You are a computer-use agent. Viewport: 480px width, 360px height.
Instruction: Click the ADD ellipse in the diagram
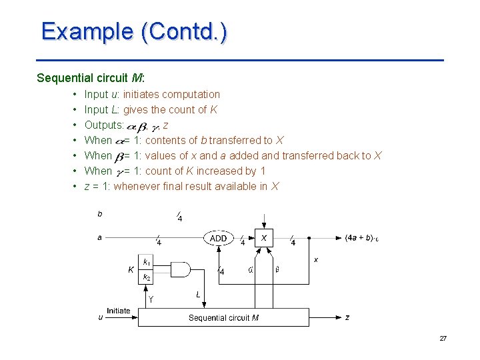[219, 238]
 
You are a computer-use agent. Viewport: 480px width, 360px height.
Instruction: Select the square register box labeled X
[265, 238]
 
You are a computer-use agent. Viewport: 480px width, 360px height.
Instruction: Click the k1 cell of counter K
[147, 261]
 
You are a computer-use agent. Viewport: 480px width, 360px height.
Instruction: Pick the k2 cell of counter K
[147, 277]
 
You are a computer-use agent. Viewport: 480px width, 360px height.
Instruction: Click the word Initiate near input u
[119, 311]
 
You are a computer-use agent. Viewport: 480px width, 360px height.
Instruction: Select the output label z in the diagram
[347, 317]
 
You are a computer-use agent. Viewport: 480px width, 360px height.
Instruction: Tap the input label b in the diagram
[100, 214]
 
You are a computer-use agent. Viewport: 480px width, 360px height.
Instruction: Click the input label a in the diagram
[100, 237]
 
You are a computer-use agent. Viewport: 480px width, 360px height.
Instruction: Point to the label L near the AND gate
[198, 294]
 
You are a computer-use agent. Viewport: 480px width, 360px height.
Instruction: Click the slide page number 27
[443, 339]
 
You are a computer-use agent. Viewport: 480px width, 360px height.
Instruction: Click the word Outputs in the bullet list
[103, 125]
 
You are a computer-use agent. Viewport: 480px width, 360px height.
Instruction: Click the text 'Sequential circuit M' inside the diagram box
[223, 317]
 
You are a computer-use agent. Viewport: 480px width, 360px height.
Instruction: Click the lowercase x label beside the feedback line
[315, 259]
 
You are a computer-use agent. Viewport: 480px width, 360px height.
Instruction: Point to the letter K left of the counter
[131, 269]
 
